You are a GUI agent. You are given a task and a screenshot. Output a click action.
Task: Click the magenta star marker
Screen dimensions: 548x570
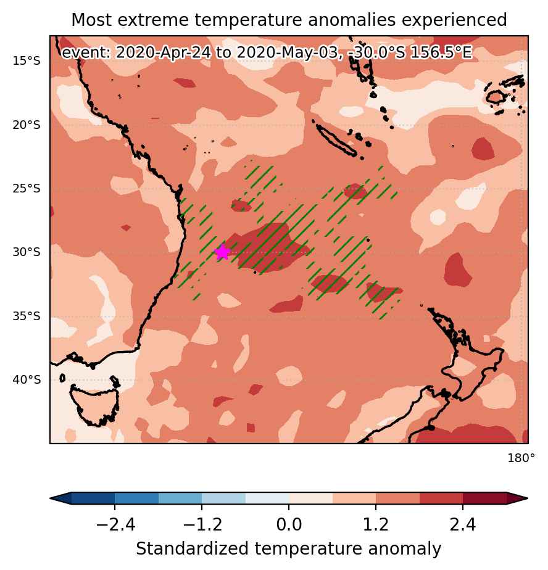pyautogui.click(x=222, y=252)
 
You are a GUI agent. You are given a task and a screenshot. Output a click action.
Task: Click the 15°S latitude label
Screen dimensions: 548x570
pyautogui.click(x=27, y=60)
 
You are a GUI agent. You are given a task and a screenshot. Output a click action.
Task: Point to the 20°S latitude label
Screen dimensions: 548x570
pyautogui.click(x=27, y=125)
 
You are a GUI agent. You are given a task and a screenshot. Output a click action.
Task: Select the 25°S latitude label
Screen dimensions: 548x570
pyautogui.click(x=27, y=189)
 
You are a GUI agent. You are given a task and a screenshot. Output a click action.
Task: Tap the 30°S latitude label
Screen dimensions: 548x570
pyautogui.click(x=27, y=252)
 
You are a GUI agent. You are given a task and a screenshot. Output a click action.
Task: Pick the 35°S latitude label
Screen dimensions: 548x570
pyautogui.click(x=27, y=316)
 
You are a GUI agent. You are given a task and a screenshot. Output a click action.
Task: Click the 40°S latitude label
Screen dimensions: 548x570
pyautogui.click(x=27, y=379)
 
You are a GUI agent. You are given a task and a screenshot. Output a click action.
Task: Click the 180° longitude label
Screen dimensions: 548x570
pyautogui.click(x=521, y=458)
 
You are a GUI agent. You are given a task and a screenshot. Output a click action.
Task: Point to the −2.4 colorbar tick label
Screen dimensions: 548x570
pyautogui.click(x=115, y=524)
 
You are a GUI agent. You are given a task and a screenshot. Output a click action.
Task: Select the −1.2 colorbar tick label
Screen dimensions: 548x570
pyautogui.click(x=202, y=524)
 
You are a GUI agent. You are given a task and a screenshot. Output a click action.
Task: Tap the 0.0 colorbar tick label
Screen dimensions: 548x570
pyautogui.click(x=289, y=524)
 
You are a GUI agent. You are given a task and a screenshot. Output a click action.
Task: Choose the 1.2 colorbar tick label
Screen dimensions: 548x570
pyautogui.click(x=376, y=524)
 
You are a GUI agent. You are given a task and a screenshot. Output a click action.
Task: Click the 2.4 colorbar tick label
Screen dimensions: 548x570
pyautogui.click(x=463, y=524)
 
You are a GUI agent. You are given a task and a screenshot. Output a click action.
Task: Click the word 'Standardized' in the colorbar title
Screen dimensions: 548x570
pyautogui.click(x=193, y=549)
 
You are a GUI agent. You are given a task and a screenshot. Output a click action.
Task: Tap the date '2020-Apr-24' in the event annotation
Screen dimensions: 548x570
pyautogui.click(x=164, y=52)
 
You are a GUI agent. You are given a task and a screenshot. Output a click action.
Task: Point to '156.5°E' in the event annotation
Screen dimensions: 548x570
pyautogui.click(x=441, y=52)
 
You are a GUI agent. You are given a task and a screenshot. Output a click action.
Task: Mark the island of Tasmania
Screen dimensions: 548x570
pyautogui.click(x=94, y=404)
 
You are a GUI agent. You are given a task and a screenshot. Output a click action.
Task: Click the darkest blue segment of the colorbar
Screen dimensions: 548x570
pyautogui.click(x=93, y=498)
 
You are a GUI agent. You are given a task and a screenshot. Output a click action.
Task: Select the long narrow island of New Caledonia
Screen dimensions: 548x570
pyautogui.click(x=336, y=140)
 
